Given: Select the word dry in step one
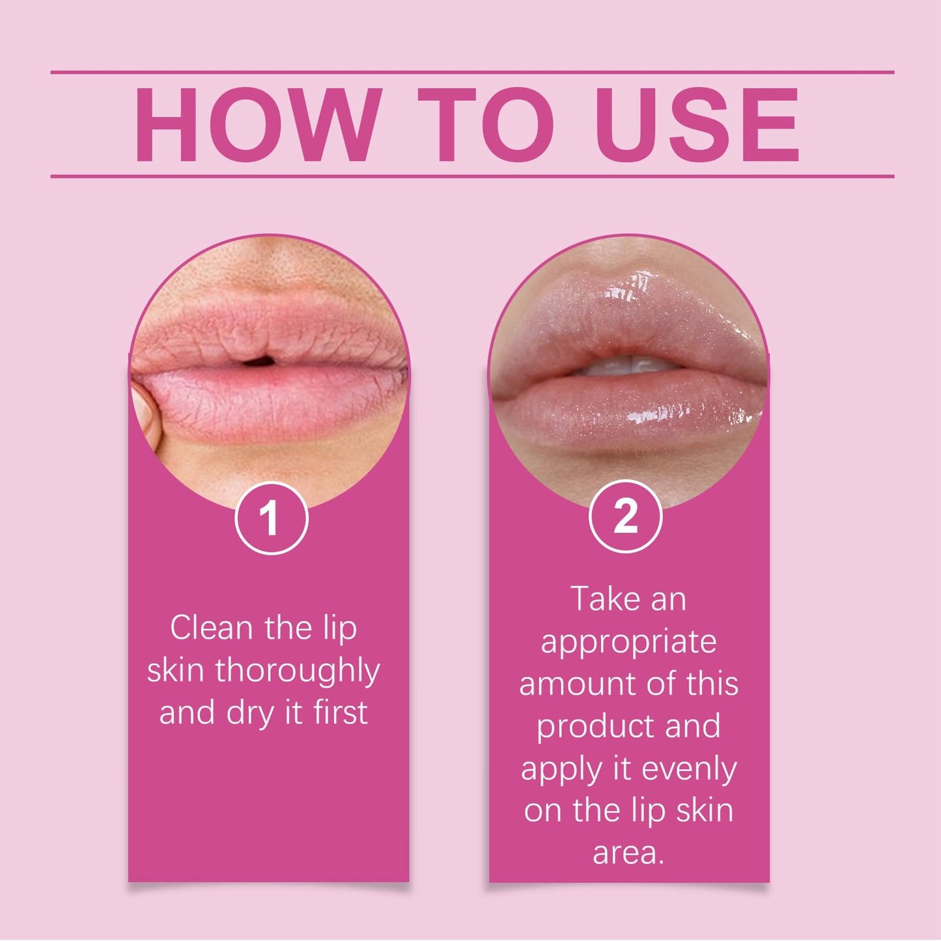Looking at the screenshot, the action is pos(249,716).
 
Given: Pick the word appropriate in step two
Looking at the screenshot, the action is pos(628,643).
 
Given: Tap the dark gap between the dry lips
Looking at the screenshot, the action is pos(259,362).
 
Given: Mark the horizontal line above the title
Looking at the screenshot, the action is pos(472,72).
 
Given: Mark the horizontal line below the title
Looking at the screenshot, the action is pos(472,176).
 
